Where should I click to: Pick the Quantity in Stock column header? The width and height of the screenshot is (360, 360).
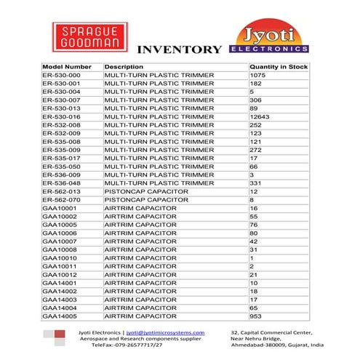(279, 67)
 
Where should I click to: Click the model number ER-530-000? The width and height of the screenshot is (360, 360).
(61, 76)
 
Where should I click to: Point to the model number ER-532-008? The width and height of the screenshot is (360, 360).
(61, 125)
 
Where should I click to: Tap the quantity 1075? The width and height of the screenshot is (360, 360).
(257, 76)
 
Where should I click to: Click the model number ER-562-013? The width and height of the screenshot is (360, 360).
(61, 191)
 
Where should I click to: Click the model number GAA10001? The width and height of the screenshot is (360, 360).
(60, 208)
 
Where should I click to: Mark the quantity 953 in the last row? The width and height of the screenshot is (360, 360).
(255, 316)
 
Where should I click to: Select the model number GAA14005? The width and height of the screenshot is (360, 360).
(60, 316)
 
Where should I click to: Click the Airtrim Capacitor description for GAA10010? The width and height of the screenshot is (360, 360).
(140, 257)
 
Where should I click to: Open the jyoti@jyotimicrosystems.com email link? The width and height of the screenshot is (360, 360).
(166, 332)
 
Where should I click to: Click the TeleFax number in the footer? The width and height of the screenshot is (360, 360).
(127, 345)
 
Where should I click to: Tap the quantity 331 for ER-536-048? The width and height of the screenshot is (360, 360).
(255, 183)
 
